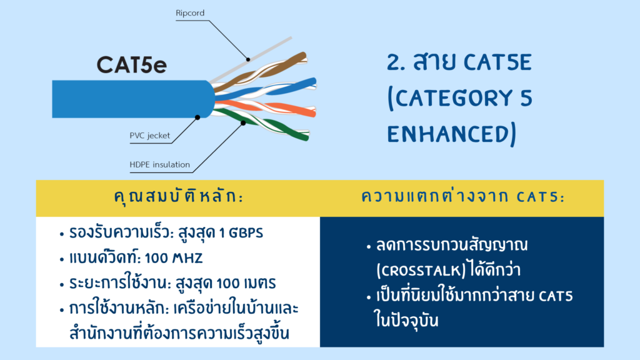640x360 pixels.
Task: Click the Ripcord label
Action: pyautogui.click(x=190, y=13)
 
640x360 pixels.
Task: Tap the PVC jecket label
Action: pyautogui.click(x=150, y=136)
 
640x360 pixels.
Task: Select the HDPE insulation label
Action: pyautogui.click(x=159, y=164)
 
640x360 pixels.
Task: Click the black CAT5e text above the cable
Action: pyautogui.click(x=131, y=65)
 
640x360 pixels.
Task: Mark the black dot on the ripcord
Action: pyautogui.click(x=247, y=59)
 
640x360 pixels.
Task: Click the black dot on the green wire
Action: pyautogui.click(x=243, y=123)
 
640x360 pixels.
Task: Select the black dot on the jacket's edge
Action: pyautogui.click(x=197, y=117)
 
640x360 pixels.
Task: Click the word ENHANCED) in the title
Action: pyautogui.click(x=451, y=134)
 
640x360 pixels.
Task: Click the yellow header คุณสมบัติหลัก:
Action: pyautogui.click(x=178, y=197)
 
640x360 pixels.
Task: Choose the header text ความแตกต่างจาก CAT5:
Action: pyautogui.click(x=463, y=197)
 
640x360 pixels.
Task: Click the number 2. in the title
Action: pyautogui.click(x=396, y=62)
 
